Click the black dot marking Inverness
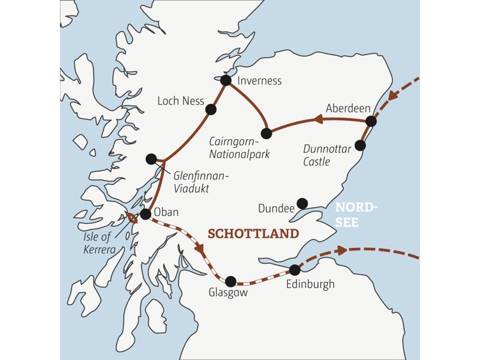pos(226,80)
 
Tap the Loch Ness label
pos(181,101)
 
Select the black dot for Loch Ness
pos(211,109)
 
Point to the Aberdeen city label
pos(348,108)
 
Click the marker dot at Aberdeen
pos(371,121)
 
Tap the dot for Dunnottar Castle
pos(360,145)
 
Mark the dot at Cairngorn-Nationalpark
pos(267,133)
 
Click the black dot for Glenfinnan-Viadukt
pos(151,159)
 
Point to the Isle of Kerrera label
pos(100,244)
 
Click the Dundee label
pos(275,209)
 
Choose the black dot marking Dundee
pos(302,203)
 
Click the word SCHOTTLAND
pos(253,233)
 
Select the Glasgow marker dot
pos(230,280)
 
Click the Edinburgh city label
pos(310,284)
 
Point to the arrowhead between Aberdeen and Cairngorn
pos(319,121)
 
